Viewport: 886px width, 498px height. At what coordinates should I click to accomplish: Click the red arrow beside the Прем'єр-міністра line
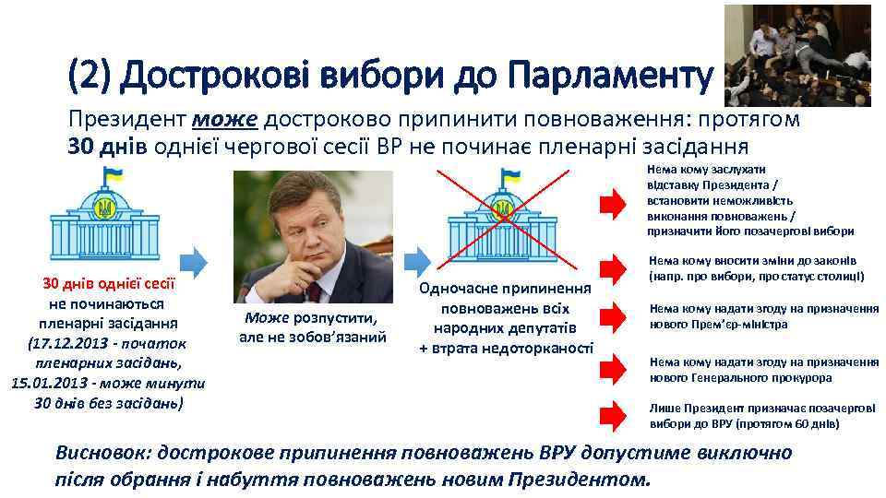click(x=611, y=316)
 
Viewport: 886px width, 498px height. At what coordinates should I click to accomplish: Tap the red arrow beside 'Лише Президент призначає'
click(x=611, y=415)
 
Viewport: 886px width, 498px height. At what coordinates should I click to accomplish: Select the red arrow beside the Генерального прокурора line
click(x=611, y=368)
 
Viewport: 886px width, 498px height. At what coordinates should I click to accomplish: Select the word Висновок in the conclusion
click(x=101, y=454)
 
